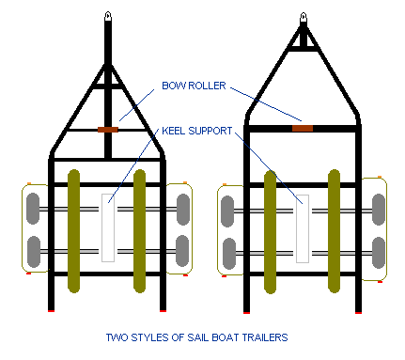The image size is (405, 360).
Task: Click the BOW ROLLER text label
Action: click(x=194, y=86)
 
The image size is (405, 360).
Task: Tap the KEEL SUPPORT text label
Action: click(x=197, y=131)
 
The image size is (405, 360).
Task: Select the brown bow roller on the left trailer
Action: click(x=108, y=130)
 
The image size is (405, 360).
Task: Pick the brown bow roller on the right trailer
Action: click(x=303, y=128)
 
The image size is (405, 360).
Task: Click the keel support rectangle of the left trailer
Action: click(x=108, y=227)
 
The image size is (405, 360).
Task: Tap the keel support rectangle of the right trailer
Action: click(x=303, y=228)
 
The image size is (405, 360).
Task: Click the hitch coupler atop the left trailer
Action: click(x=108, y=16)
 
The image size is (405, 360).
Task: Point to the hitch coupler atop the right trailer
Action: click(x=303, y=18)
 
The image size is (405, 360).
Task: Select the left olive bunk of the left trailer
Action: click(x=73, y=231)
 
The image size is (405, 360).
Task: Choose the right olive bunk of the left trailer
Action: click(x=139, y=231)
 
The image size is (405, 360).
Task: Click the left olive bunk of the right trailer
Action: click(x=270, y=232)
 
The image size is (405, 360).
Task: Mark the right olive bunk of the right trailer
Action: click(x=334, y=231)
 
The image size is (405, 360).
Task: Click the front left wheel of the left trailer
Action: click(x=33, y=209)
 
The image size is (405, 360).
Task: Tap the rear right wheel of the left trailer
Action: click(x=182, y=251)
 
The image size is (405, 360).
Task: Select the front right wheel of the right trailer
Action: click(x=379, y=210)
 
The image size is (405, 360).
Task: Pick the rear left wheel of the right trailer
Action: click(x=229, y=254)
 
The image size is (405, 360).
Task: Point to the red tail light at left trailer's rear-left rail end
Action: click(x=51, y=311)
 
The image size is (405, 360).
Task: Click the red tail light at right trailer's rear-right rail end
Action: click(x=358, y=312)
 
